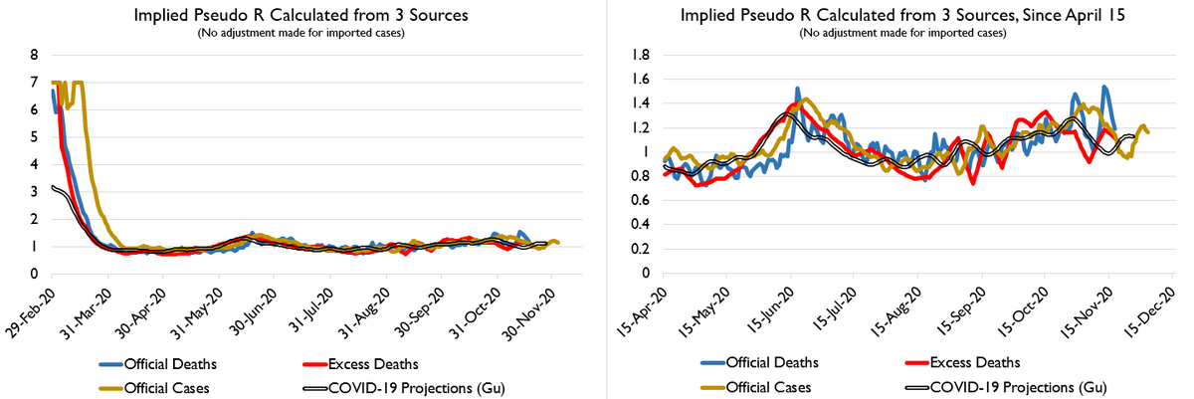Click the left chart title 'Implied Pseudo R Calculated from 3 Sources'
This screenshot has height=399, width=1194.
click(299, 17)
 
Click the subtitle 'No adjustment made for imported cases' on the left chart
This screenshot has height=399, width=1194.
click(299, 33)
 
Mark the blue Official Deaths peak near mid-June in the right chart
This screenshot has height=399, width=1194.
click(797, 90)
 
